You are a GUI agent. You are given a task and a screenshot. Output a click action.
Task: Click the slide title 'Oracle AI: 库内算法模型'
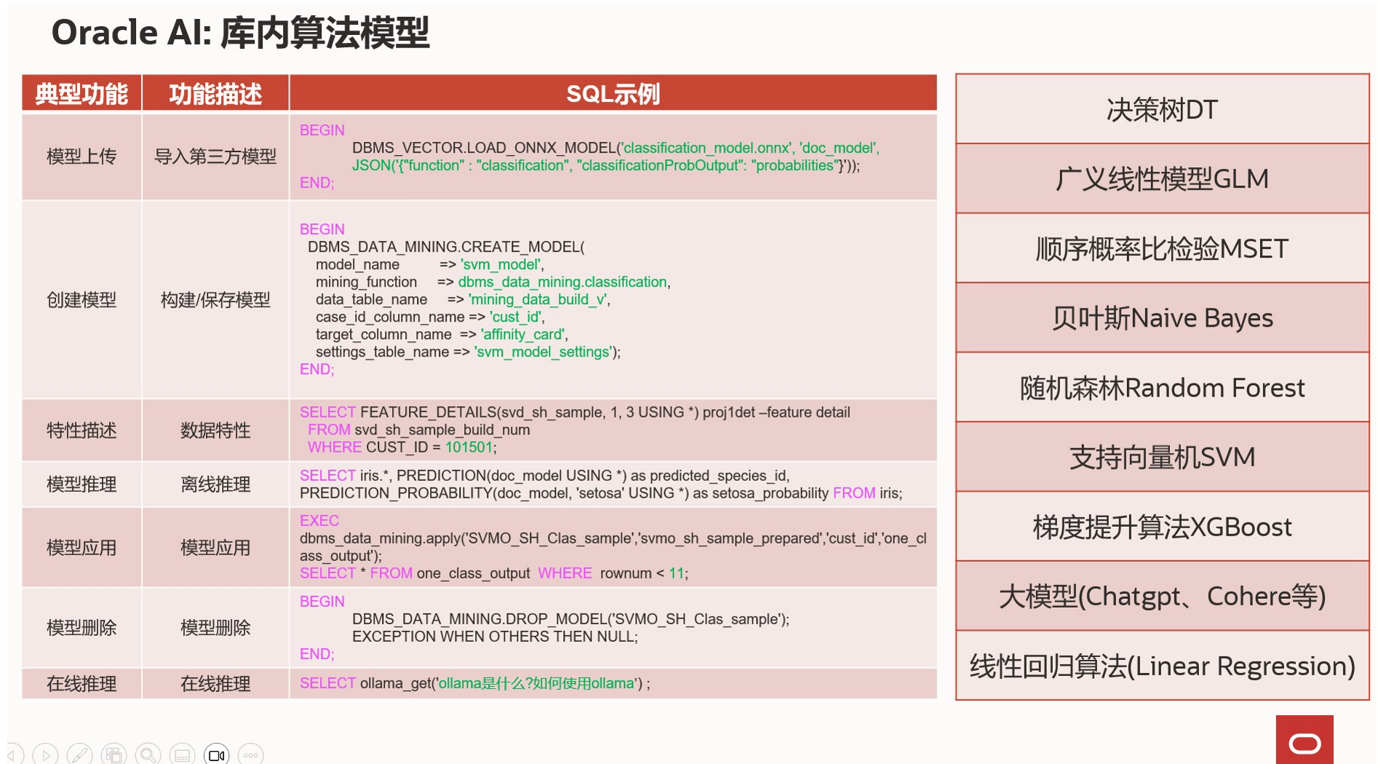pyautogui.click(x=240, y=33)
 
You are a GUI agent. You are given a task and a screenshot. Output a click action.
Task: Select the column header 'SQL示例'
pyautogui.click(x=613, y=94)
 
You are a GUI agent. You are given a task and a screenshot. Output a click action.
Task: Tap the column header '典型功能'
pyautogui.click(x=81, y=94)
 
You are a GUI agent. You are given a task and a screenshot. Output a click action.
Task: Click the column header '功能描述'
pyautogui.click(x=215, y=94)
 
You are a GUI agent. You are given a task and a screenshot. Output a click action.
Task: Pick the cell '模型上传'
pyautogui.click(x=81, y=156)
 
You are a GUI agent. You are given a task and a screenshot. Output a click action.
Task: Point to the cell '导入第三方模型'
pyautogui.click(x=215, y=156)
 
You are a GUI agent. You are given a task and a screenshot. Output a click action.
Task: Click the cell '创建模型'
pyautogui.click(x=81, y=300)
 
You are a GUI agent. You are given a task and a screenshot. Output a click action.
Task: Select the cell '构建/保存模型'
pyautogui.click(x=215, y=300)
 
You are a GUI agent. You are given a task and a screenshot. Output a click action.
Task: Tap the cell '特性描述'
pyautogui.click(x=81, y=430)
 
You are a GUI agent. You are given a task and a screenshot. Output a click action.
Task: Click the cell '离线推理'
pyautogui.click(x=215, y=485)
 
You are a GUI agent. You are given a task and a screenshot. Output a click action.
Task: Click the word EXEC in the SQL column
pyautogui.click(x=319, y=521)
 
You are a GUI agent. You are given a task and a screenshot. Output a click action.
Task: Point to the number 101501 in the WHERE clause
pyautogui.click(x=469, y=447)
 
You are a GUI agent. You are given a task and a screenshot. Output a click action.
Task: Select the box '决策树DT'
pyautogui.click(x=1162, y=109)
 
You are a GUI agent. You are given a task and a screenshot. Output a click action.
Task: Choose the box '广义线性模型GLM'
pyautogui.click(x=1162, y=178)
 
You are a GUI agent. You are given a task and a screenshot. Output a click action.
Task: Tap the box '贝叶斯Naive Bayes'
pyautogui.click(x=1162, y=318)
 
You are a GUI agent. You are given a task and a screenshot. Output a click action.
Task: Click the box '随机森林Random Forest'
pyautogui.click(x=1162, y=388)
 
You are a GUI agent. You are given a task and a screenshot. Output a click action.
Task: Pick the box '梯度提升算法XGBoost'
pyautogui.click(x=1162, y=527)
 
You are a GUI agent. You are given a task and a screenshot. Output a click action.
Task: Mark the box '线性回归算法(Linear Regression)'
pyautogui.click(x=1162, y=666)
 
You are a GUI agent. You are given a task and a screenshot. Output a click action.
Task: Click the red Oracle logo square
pyautogui.click(x=1305, y=740)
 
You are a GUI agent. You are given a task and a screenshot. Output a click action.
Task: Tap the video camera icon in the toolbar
pyautogui.click(x=217, y=755)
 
